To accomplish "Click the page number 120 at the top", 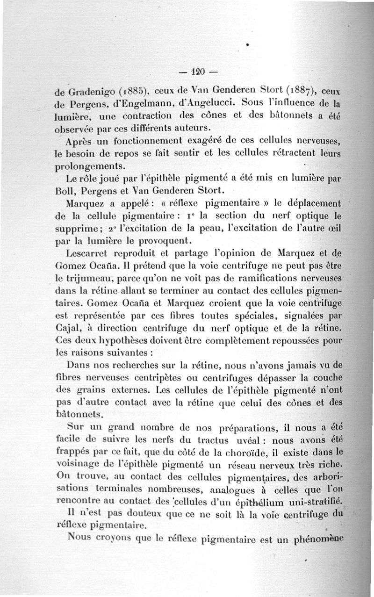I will tap(198, 72).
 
